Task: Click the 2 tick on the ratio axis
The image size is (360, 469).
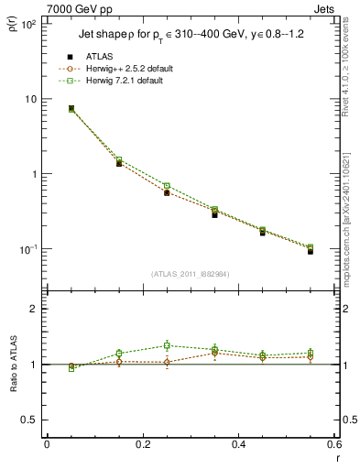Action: click(33, 309)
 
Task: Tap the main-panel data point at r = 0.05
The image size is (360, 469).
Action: click(71, 108)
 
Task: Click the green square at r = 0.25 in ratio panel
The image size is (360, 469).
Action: click(167, 345)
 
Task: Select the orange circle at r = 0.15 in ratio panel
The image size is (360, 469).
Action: click(119, 362)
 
